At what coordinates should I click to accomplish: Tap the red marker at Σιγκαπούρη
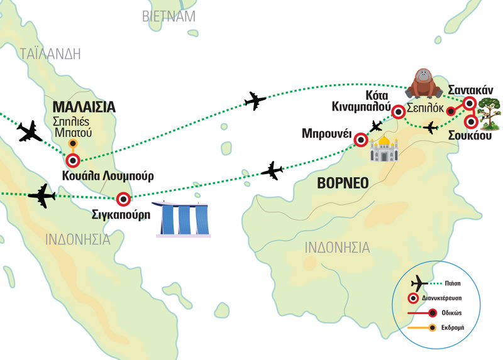pyautogui.click(x=124, y=200)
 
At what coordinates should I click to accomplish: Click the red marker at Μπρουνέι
pyautogui.click(x=360, y=139)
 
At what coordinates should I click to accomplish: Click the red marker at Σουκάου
pyautogui.click(x=471, y=122)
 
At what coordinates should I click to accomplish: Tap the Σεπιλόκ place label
pyautogui.click(x=425, y=107)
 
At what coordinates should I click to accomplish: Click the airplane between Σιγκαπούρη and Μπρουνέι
pyautogui.click(x=272, y=170)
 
